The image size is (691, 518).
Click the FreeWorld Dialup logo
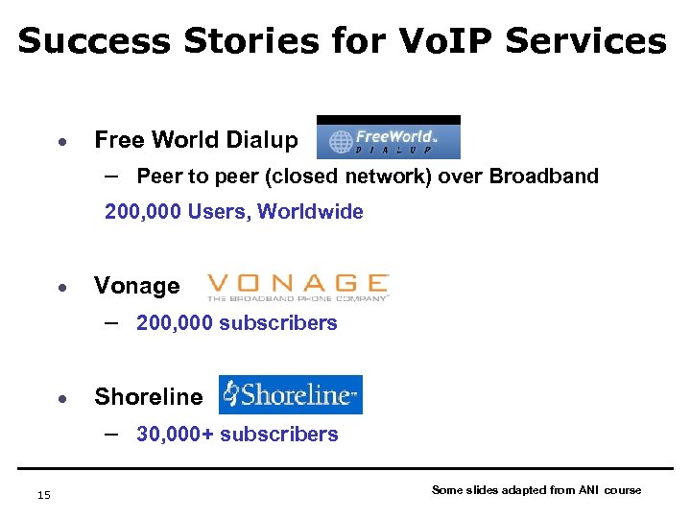click(x=389, y=137)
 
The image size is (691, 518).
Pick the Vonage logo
click(x=298, y=286)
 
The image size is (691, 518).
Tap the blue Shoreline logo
click(x=291, y=394)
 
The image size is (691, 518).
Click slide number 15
click(x=43, y=494)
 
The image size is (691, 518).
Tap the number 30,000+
click(x=176, y=435)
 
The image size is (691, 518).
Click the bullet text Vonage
click(x=136, y=286)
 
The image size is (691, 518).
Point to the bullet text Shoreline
click(x=149, y=397)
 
